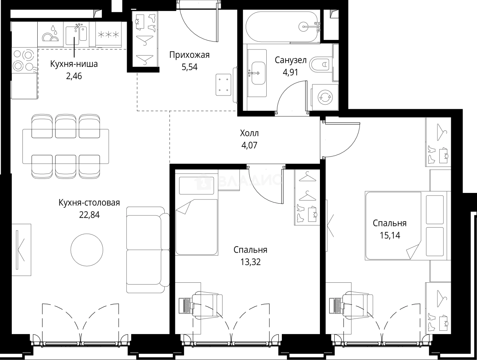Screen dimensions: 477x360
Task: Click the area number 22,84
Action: pos(89,215)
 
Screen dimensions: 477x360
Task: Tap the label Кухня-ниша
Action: pos(74,64)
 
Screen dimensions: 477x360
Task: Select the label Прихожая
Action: pos(189,55)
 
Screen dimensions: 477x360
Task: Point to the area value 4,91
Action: pos(290,72)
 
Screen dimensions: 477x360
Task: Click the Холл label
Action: pos(249,133)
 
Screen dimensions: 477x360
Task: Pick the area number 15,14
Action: pos(390,236)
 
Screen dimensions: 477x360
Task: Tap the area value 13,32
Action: pos(250,262)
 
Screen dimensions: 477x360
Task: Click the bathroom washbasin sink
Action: pos(258,73)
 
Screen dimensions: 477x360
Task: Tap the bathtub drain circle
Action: pos(303,27)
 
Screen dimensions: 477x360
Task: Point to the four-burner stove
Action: pos(24,60)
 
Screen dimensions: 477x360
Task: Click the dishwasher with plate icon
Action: pos(51,34)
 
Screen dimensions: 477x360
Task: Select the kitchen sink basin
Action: pos(72,36)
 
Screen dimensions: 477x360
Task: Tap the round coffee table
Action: pos(87,250)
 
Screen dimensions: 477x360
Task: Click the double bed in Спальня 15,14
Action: pos(406,225)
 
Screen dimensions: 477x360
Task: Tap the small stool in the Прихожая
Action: pos(223,85)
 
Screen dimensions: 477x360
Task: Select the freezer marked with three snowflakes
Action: pos(109,34)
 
